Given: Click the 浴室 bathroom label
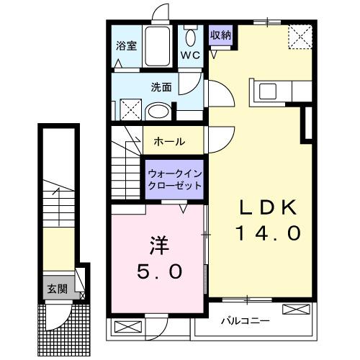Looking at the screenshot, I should click(126, 45).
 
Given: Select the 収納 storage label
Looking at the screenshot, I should click(220, 35).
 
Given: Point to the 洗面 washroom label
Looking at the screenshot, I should click(161, 87).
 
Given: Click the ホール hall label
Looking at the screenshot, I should click(169, 141).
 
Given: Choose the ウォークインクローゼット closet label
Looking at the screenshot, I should click(174, 179).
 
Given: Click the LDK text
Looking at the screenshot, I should click(269, 208).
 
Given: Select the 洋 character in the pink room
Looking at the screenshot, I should click(159, 246).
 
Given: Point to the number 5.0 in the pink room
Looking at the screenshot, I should click(160, 272).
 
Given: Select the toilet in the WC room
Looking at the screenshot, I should click(191, 37).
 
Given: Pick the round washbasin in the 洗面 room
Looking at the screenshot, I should click(154, 112).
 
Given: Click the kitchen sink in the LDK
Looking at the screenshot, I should click(268, 91).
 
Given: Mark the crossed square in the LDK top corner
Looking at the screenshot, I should click(300, 36).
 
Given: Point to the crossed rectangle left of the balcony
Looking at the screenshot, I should click(124, 327).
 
